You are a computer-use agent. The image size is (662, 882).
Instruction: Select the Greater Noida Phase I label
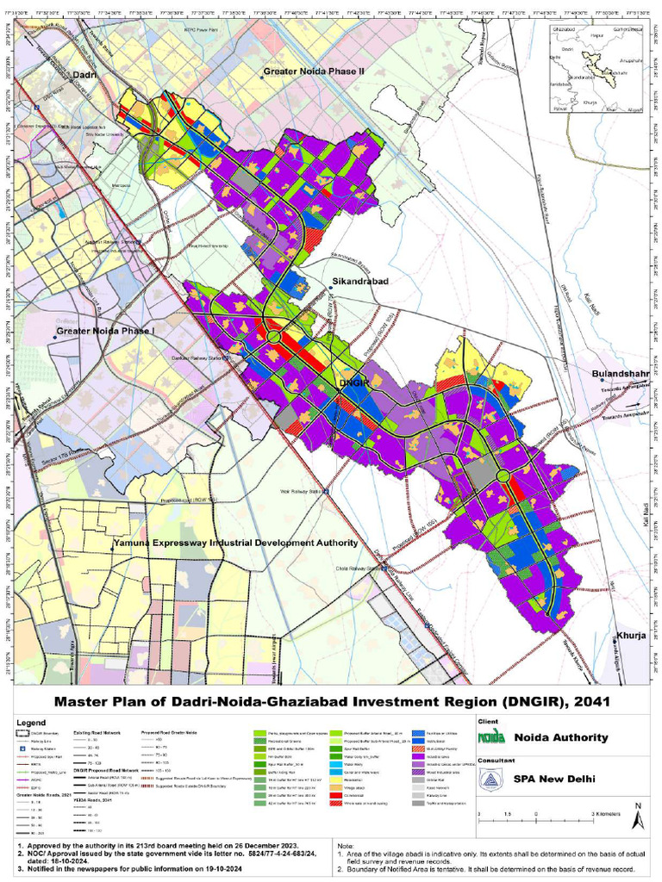point(104,331)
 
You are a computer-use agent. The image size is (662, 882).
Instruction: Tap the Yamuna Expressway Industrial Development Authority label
point(234,543)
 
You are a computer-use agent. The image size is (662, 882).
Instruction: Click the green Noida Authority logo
point(491,737)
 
